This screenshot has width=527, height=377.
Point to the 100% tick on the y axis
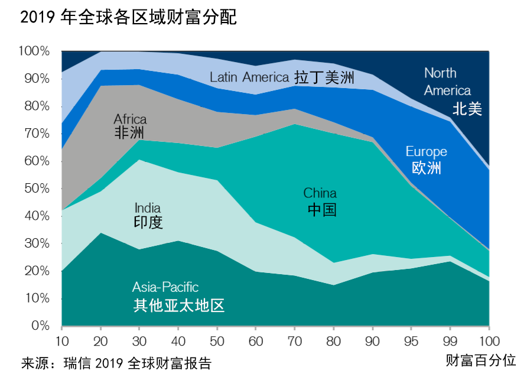(x=34, y=51)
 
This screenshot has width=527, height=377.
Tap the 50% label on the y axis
(x=37, y=188)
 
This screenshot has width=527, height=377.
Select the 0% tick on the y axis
(x=40, y=326)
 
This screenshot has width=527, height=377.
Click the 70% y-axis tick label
(x=37, y=134)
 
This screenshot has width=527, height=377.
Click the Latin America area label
(x=249, y=77)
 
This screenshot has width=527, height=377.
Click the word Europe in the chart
(x=427, y=152)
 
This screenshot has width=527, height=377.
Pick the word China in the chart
(x=320, y=193)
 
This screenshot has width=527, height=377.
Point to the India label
(x=148, y=208)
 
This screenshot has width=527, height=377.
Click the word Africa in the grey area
(x=130, y=119)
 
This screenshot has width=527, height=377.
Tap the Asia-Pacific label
(x=165, y=288)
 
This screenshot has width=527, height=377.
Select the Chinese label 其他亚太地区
(x=179, y=305)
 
